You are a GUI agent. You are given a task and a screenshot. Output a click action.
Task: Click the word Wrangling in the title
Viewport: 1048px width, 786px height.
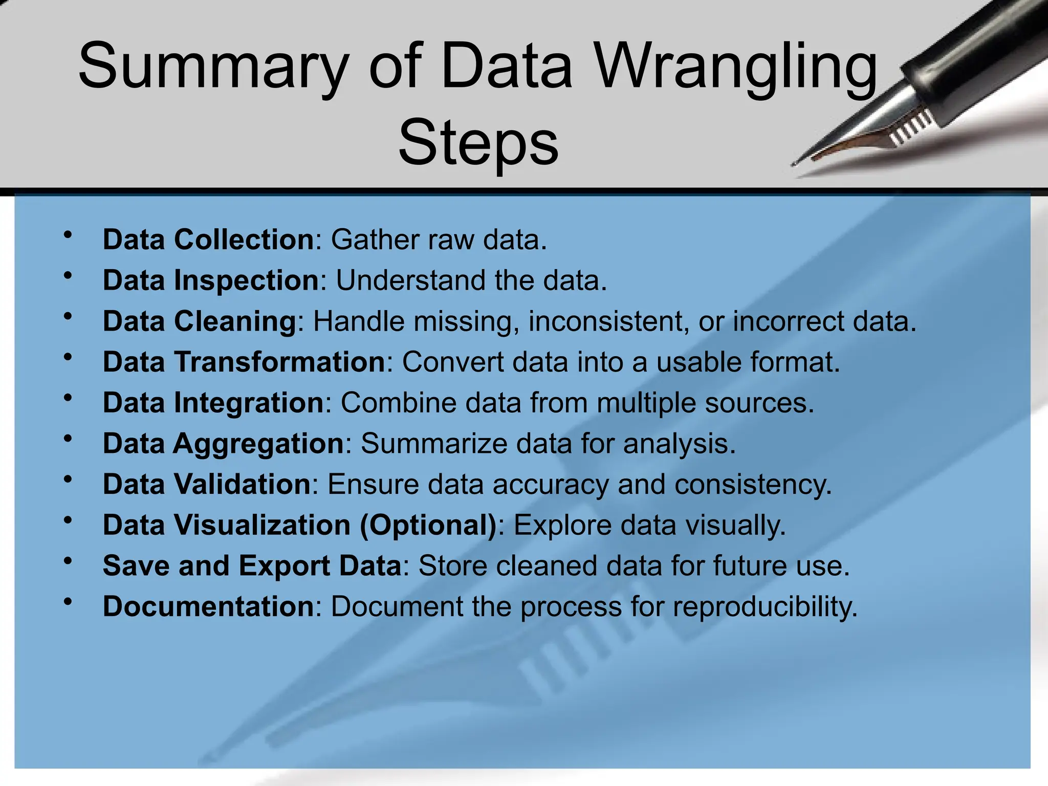737,69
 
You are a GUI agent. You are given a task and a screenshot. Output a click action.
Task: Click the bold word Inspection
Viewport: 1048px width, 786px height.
247,280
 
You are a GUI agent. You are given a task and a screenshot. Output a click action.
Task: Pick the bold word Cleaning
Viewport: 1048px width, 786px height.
235,321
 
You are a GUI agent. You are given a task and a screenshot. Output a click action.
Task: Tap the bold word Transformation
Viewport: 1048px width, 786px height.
279,362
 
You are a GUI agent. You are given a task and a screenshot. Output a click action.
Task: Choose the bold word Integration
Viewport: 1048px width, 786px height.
249,403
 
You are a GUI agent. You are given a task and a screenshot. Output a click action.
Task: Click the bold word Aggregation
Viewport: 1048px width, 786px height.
258,444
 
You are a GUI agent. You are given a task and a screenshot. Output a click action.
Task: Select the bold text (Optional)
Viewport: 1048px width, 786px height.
428,525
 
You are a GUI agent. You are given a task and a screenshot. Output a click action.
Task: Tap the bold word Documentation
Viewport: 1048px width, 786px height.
208,606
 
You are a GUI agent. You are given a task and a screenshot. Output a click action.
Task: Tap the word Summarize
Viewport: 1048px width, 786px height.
434,444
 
